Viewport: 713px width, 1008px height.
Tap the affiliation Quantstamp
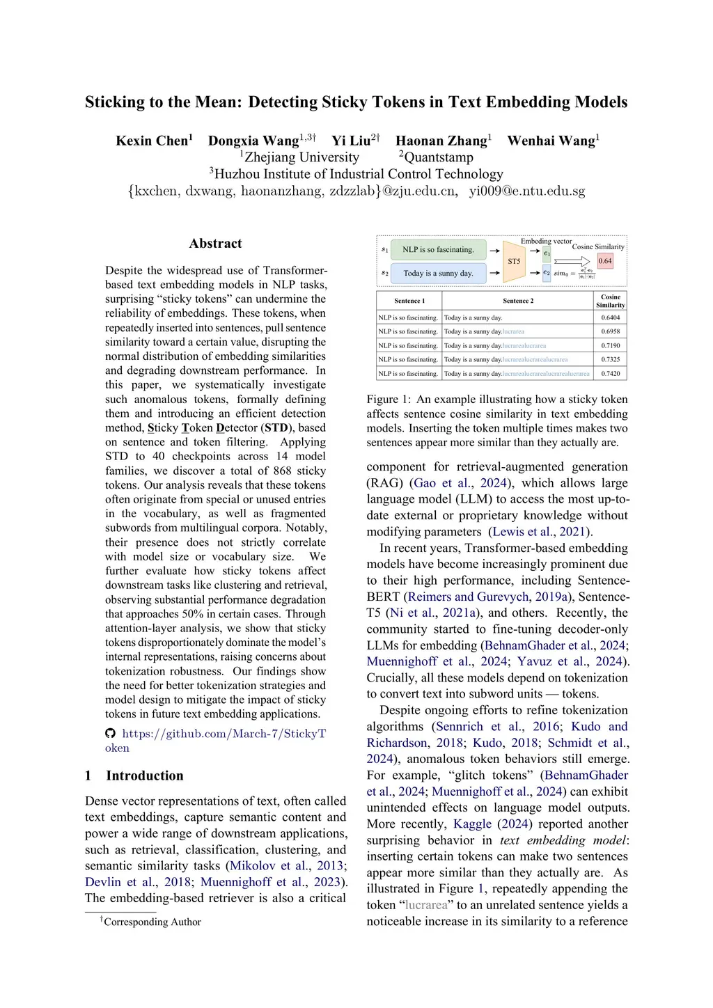coord(438,157)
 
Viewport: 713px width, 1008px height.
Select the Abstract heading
coord(215,244)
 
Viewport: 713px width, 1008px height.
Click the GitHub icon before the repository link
coord(110,733)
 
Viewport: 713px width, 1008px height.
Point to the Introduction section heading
coord(145,775)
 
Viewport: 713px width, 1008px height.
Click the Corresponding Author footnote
coord(152,922)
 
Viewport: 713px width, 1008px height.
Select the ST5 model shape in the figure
coord(514,261)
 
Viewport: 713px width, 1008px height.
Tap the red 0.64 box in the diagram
coord(605,261)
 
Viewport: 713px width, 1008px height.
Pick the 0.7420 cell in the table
coord(610,374)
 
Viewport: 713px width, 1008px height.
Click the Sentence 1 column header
coord(409,301)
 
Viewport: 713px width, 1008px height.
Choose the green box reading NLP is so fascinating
coord(438,250)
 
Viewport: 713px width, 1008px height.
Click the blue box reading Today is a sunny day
coord(438,274)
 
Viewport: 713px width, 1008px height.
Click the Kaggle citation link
coord(472,824)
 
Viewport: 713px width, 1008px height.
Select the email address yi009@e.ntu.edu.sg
coord(526,191)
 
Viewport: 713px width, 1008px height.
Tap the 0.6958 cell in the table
coord(610,331)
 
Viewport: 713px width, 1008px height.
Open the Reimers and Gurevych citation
coord(468,597)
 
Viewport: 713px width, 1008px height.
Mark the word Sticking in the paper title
coord(115,102)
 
